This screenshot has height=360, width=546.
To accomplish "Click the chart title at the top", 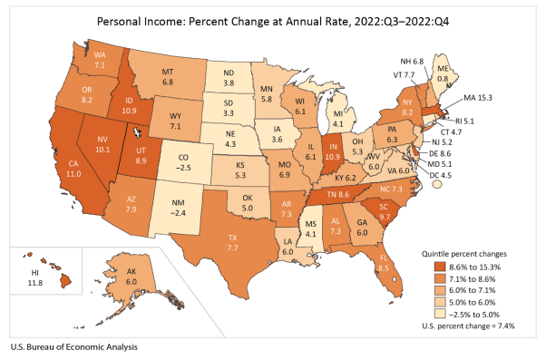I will pyautogui.click(x=272, y=19).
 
